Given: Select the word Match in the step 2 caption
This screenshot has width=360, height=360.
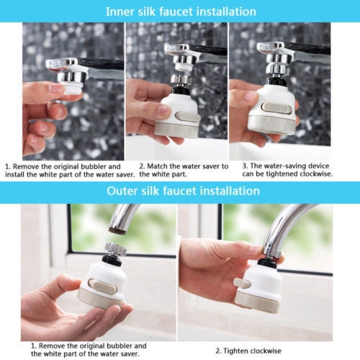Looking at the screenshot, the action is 158,166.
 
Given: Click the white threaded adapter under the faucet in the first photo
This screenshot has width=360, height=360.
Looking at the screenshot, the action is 71,87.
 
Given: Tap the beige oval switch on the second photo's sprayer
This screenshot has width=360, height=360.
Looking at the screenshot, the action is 187,118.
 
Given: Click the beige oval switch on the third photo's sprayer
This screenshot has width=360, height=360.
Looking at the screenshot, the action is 276,108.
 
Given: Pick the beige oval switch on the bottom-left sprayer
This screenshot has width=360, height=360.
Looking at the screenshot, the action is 102,286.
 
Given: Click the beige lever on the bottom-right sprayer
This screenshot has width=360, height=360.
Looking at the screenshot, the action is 242,283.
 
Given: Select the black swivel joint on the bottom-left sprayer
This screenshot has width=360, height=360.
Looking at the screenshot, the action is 112,260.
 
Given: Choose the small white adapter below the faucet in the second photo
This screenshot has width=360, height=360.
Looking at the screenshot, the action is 184,67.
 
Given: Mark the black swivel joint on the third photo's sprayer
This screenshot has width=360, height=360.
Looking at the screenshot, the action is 276,81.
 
